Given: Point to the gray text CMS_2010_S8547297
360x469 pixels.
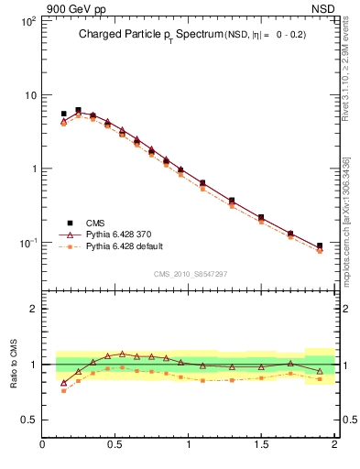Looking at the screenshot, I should [x=190, y=273].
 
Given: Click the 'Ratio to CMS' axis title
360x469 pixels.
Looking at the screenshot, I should [x=15, y=364].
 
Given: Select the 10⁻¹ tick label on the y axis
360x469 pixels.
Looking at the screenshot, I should [x=26, y=243].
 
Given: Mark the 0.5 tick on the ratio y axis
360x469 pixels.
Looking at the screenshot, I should [x=29, y=420].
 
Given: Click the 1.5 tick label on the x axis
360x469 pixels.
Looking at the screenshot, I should [x=261, y=445].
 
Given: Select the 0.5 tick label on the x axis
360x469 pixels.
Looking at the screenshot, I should [x=115, y=445].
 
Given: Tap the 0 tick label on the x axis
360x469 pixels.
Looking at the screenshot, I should [x=43, y=445].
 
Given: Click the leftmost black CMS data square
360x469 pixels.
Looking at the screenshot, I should [x=63, y=114].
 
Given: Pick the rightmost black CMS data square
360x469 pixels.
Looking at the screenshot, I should [x=320, y=245].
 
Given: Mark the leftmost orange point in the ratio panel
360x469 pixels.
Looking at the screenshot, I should [x=63, y=390].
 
